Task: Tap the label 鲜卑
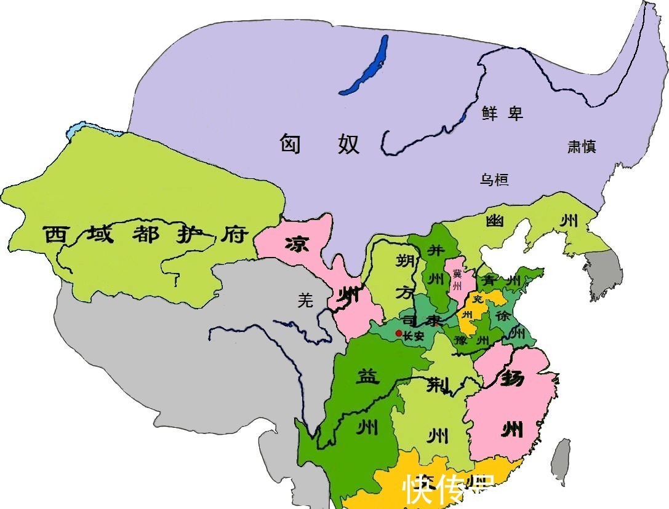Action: [502, 112]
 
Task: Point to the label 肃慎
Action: [582, 146]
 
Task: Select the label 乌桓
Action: [494, 180]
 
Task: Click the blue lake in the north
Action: [367, 66]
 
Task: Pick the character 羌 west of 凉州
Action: [305, 300]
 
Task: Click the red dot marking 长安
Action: [398, 334]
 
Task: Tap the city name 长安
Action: [414, 336]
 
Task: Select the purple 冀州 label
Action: [457, 280]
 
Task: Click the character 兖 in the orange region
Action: [478, 299]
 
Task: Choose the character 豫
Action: [459, 340]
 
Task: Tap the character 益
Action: [367, 376]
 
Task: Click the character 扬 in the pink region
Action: [512, 377]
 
